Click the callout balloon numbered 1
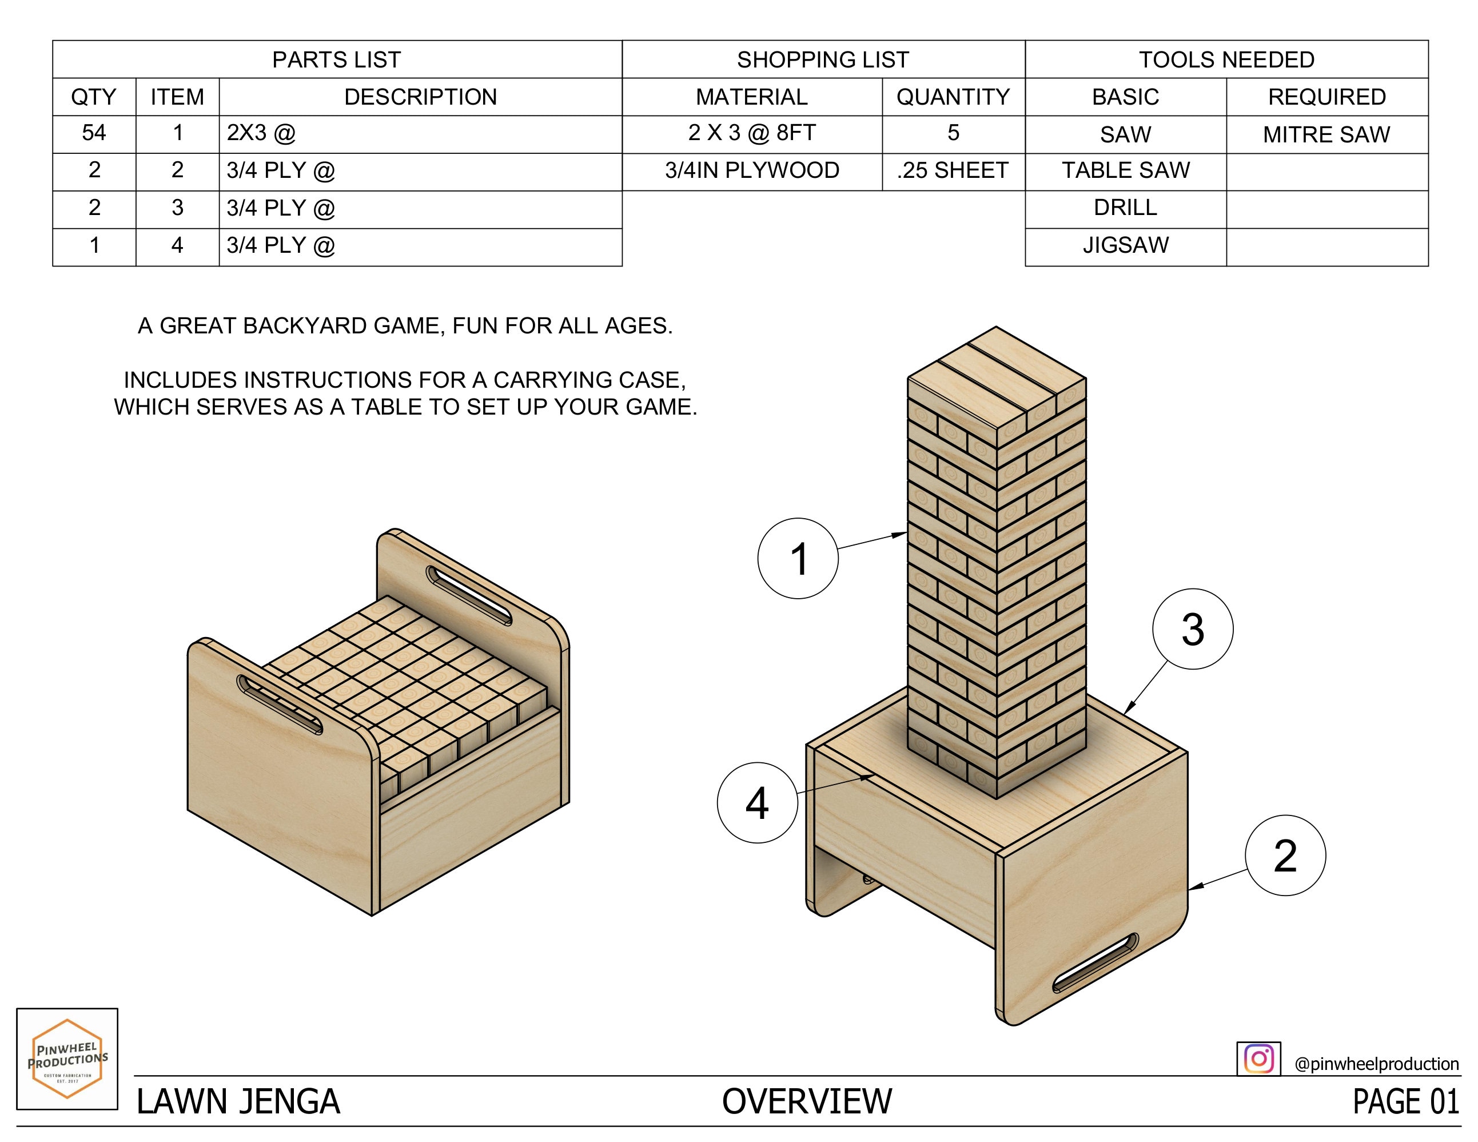(797, 559)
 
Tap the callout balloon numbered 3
(1193, 629)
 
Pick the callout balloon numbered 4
(756, 803)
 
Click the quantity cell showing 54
(94, 133)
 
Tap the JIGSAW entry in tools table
(1125, 245)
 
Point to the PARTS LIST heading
(336, 59)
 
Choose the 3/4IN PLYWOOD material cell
(751, 170)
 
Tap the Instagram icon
(1258, 1058)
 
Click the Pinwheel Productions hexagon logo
(67, 1059)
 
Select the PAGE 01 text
(1405, 1101)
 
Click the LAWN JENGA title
(238, 1101)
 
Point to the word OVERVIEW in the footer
(807, 1101)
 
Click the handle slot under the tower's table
(1095, 962)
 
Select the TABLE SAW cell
(1125, 170)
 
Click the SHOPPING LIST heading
(822, 59)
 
